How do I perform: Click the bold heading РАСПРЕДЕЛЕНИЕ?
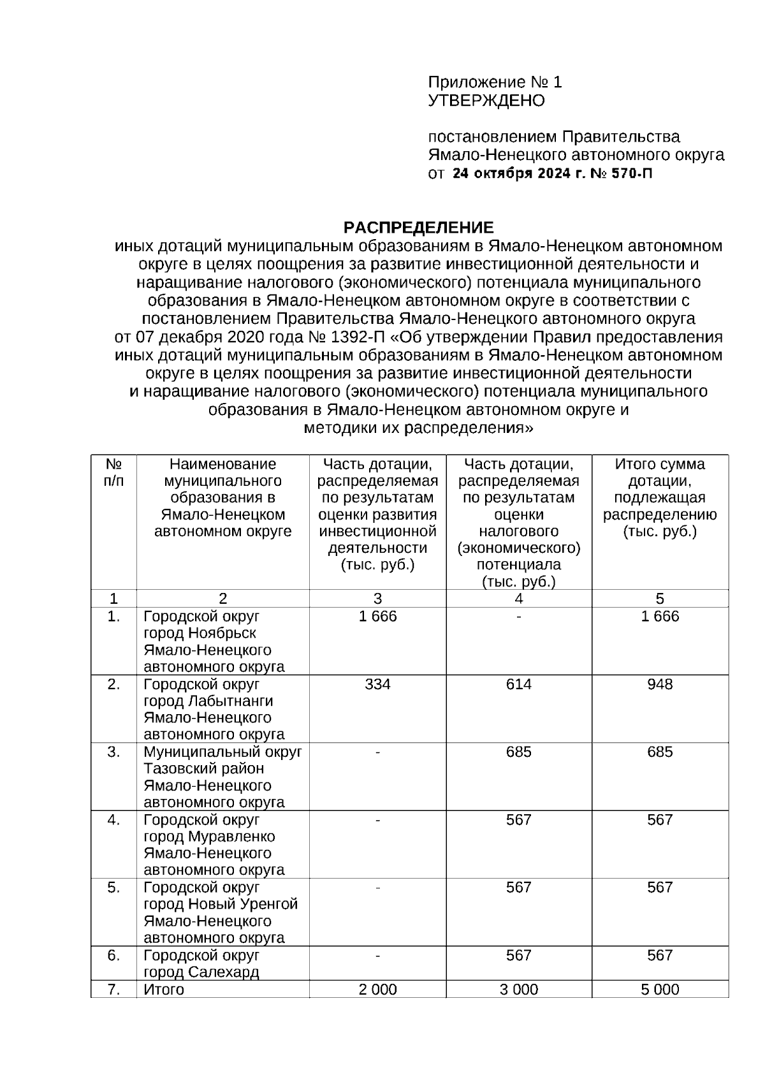click(x=418, y=228)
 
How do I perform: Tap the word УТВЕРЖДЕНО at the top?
click(x=486, y=101)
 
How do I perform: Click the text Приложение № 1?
click(x=495, y=82)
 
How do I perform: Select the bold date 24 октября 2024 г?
click(x=519, y=173)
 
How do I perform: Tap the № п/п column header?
click(x=113, y=472)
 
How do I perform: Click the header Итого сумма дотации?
click(x=659, y=472)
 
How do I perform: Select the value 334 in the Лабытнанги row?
click(x=377, y=684)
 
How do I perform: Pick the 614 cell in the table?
click(x=518, y=684)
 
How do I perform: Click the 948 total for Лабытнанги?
click(x=659, y=684)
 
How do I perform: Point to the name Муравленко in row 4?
click(x=231, y=837)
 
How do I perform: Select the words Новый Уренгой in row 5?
click(x=243, y=904)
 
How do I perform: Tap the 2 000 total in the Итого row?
click(x=377, y=990)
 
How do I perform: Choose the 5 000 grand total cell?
click(x=659, y=990)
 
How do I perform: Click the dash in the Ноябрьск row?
click(x=519, y=617)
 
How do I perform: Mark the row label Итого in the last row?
click(x=164, y=990)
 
